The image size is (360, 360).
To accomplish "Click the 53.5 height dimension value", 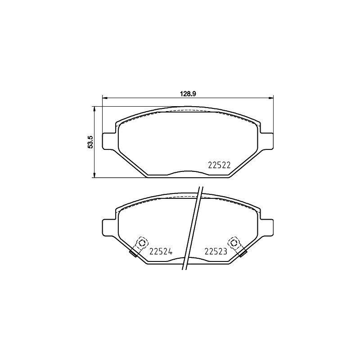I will coord(90,142).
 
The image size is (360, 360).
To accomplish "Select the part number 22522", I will coord(219,165).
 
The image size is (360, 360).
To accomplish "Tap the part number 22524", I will coord(161,252).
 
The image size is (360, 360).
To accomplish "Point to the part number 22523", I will coord(216,252).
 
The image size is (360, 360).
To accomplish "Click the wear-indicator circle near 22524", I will coord(142,243).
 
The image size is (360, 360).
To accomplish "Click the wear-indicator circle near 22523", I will coord(234,243).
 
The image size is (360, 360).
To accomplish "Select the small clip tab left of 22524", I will coord(133,253).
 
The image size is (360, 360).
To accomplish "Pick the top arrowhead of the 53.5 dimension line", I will coord(94,108).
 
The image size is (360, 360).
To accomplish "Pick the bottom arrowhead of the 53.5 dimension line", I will coord(94,175).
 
